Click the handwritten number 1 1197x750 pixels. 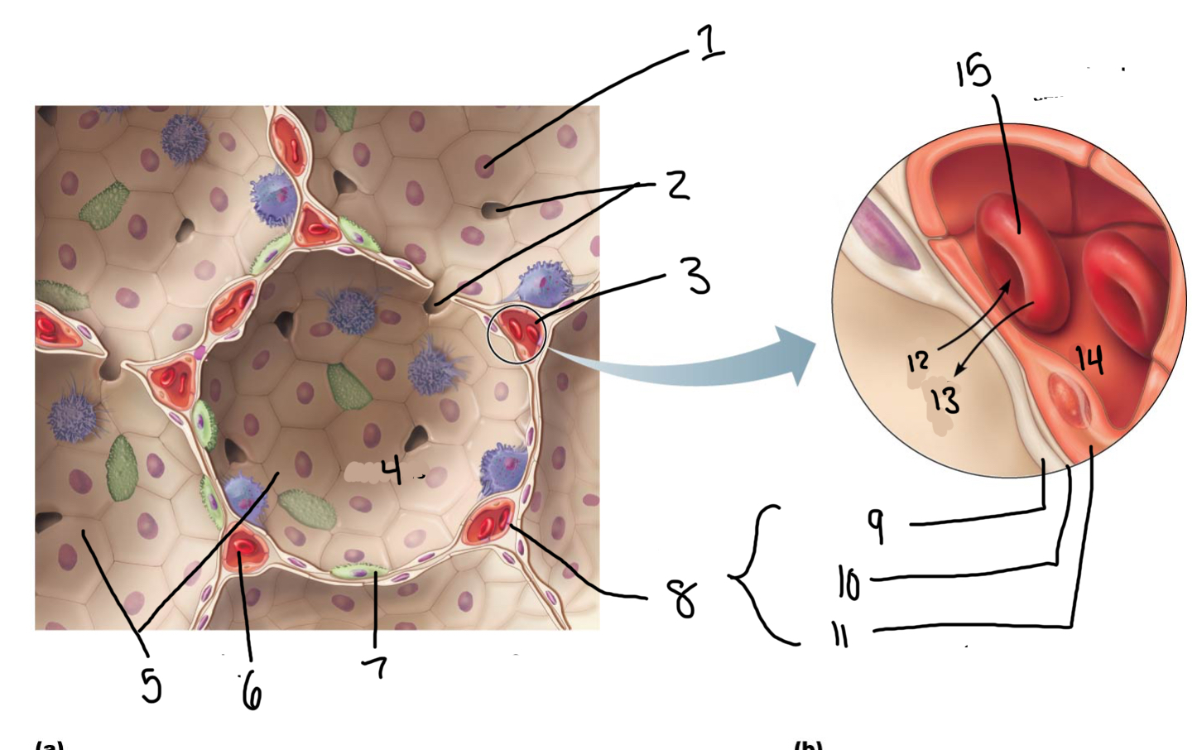click(x=709, y=42)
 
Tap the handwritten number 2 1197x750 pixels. click(x=678, y=185)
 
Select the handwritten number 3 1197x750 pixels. click(x=698, y=276)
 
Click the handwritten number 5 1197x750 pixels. click(x=150, y=685)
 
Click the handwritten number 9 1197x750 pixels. click(x=876, y=524)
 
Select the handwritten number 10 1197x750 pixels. click(x=848, y=583)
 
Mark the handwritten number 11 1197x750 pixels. click(x=840, y=636)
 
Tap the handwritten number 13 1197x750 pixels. click(x=945, y=399)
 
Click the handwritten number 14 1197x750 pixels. click(x=1089, y=359)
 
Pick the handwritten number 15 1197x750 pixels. click(x=973, y=72)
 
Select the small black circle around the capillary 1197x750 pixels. click(x=517, y=334)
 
